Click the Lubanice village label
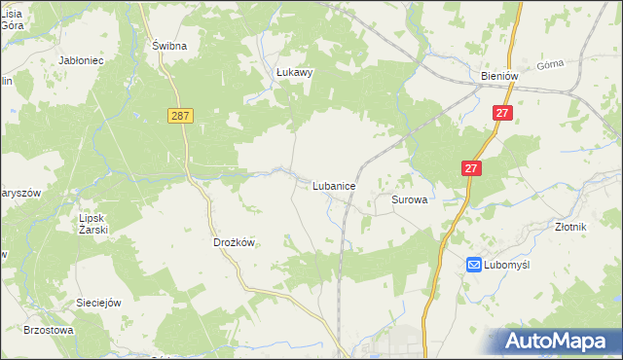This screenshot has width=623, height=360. point(333,184)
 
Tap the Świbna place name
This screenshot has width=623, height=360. point(168,46)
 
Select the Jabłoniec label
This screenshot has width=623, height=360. point(82,60)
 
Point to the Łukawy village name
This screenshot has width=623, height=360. point(291,71)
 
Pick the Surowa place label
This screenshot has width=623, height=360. point(410,198)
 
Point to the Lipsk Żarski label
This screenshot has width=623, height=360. point(93,224)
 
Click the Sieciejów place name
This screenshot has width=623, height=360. point(98,303)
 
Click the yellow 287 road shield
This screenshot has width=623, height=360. point(179,115)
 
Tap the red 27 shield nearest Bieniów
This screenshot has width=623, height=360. point(502,114)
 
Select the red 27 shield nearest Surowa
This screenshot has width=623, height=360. point(471,168)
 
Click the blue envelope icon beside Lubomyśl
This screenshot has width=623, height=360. point(474,265)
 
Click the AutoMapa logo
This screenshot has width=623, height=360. point(561,341)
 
